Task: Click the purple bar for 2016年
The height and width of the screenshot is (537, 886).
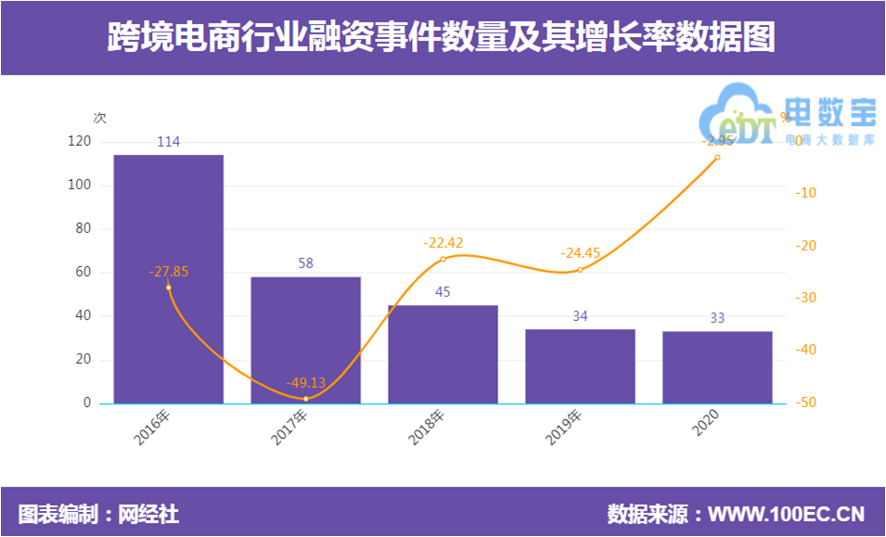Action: click(169, 278)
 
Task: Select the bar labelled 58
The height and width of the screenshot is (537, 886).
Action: click(305, 339)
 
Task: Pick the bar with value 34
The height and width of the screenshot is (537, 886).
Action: click(580, 366)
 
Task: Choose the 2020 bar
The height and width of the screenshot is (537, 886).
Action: click(717, 367)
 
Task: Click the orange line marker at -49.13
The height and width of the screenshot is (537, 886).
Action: click(305, 399)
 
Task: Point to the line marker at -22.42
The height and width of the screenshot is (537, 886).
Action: click(443, 259)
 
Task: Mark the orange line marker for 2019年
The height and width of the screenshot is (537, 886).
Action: click(580, 270)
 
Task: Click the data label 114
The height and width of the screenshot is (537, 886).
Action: click(168, 142)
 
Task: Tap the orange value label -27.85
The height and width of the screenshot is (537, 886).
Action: click(168, 272)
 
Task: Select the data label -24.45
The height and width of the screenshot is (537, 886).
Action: click(580, 252)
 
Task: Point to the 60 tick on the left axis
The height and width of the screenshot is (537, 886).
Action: click(83, 272)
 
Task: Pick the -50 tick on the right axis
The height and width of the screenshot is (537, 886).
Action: click(804, 403)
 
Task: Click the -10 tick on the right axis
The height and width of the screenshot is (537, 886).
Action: click(804, 193)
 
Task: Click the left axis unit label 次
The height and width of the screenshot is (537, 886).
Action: click(99, 118)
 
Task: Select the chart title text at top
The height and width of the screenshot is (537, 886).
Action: click(442, 38)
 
